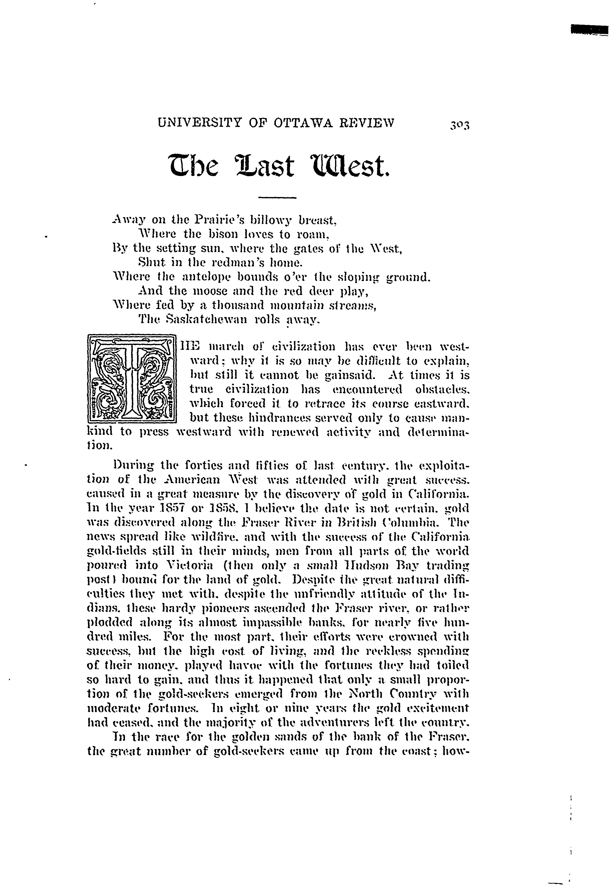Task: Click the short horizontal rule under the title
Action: coord(276,198)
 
